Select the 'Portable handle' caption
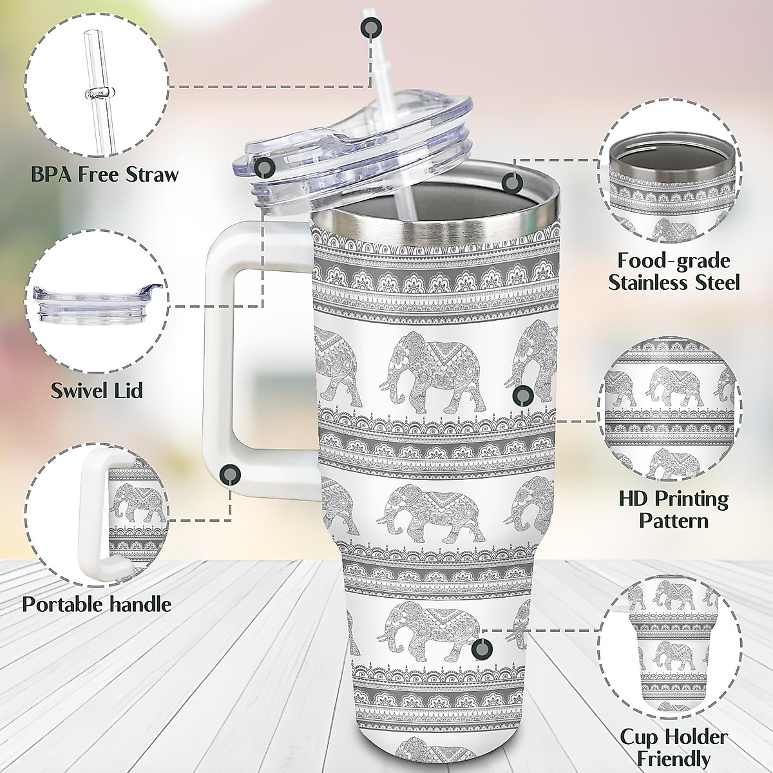pyautogui.click(x=97, y=604)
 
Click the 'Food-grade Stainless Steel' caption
pyautogui.click(x=674, y=271)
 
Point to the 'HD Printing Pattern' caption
pyautogui.click(x=674, y=508)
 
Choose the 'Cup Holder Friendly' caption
pyautogui.click(x=674, y=747)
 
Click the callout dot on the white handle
pyautogui.click(x=229, y=475)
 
